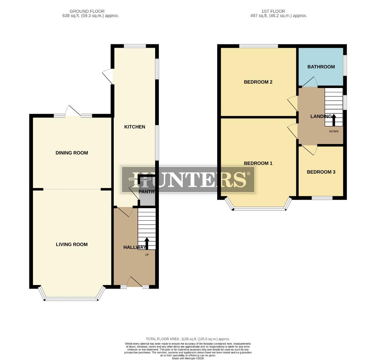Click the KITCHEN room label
134,127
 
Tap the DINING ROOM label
72,153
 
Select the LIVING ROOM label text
72,244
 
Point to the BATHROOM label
321,67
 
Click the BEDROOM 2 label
258,82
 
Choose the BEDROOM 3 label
321,172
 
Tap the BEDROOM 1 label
258,163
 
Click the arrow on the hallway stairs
146,243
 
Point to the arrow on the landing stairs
334,119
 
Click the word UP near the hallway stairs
146,255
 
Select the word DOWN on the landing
334,131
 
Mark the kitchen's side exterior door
108,76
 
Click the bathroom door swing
310,82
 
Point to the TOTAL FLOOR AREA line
188,339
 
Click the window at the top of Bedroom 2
259,46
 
